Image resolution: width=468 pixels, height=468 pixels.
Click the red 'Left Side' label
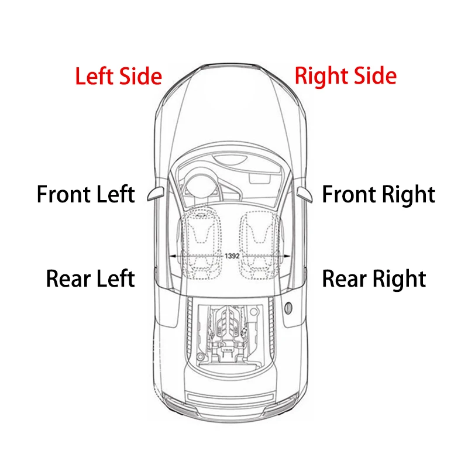[119, 76]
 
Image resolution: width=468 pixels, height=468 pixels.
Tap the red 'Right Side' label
[346, 77]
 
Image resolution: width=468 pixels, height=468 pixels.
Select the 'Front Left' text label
[85, 194]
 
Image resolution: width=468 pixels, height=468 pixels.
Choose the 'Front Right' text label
[378, 195]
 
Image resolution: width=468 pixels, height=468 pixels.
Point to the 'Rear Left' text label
[91, 278]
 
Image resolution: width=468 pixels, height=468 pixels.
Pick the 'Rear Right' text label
[374, 279]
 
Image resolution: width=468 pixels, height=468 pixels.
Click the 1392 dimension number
[232, 256]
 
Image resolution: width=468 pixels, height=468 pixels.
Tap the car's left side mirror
[156, 194]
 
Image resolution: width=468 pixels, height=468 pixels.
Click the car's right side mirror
[305, 195]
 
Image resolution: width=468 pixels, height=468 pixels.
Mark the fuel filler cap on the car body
[288, 308]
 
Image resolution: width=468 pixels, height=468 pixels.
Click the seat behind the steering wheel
[201, 243]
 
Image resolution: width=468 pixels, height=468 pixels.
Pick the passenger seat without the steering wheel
[259, 243]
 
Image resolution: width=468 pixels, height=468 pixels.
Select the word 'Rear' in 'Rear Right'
[345, 279]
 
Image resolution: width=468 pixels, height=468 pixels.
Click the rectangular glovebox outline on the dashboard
[260, 178]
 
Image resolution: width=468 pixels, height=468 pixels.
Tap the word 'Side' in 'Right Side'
[375, 76]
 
